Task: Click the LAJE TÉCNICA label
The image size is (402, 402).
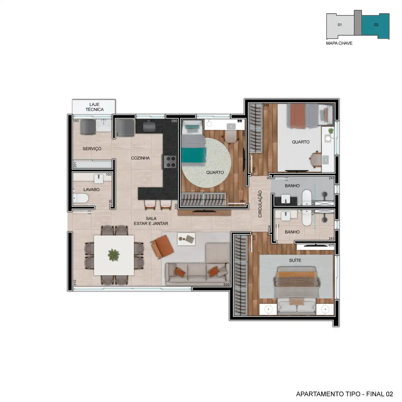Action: (95, 107)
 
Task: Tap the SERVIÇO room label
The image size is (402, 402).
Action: (92, 149)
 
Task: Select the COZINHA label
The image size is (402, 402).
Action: (140, 158)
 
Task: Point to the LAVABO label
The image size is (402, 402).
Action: (91, 190)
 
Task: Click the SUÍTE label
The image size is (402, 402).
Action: (295, 260)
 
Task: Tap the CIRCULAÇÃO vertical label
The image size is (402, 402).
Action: (260, 204)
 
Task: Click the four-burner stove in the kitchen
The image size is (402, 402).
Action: (170, 162)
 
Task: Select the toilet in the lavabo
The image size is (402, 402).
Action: (80, 198)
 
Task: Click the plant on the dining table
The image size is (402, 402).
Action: (114, 255)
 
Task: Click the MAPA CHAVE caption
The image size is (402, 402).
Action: (339, 43)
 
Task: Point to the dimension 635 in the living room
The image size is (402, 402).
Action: (226, 284)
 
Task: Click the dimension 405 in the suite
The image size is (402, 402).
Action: (331, 245)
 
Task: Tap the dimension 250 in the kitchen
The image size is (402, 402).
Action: (174, 121)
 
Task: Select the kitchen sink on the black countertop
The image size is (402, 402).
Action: (149, 126)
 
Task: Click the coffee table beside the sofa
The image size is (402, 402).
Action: (186, 239)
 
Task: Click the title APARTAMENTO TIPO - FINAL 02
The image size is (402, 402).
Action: (345, 394)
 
